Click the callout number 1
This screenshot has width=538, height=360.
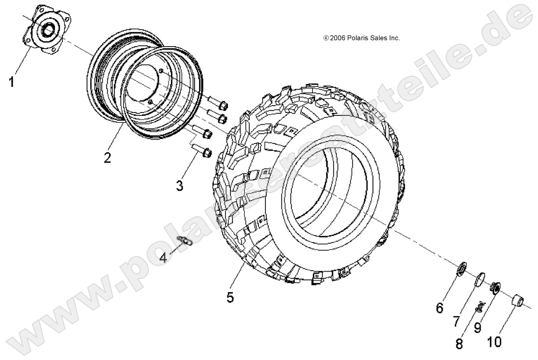click(x=11, y=81)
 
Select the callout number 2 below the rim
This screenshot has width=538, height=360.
click(x=107, y=158)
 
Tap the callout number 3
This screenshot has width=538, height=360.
click(x=179, y=186)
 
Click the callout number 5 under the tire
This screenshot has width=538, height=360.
click(x=230, y=297)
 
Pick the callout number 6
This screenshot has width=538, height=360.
click(x=439, y=308)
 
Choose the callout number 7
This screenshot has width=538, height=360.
click(x=456, y=322)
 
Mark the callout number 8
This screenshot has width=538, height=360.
click(x=459, y=343)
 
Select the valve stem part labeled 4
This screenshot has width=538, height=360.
click(x=185, y=240)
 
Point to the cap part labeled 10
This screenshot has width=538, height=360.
click(x=518, y=300)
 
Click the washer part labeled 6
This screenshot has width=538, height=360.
click(x=462, y=269)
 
